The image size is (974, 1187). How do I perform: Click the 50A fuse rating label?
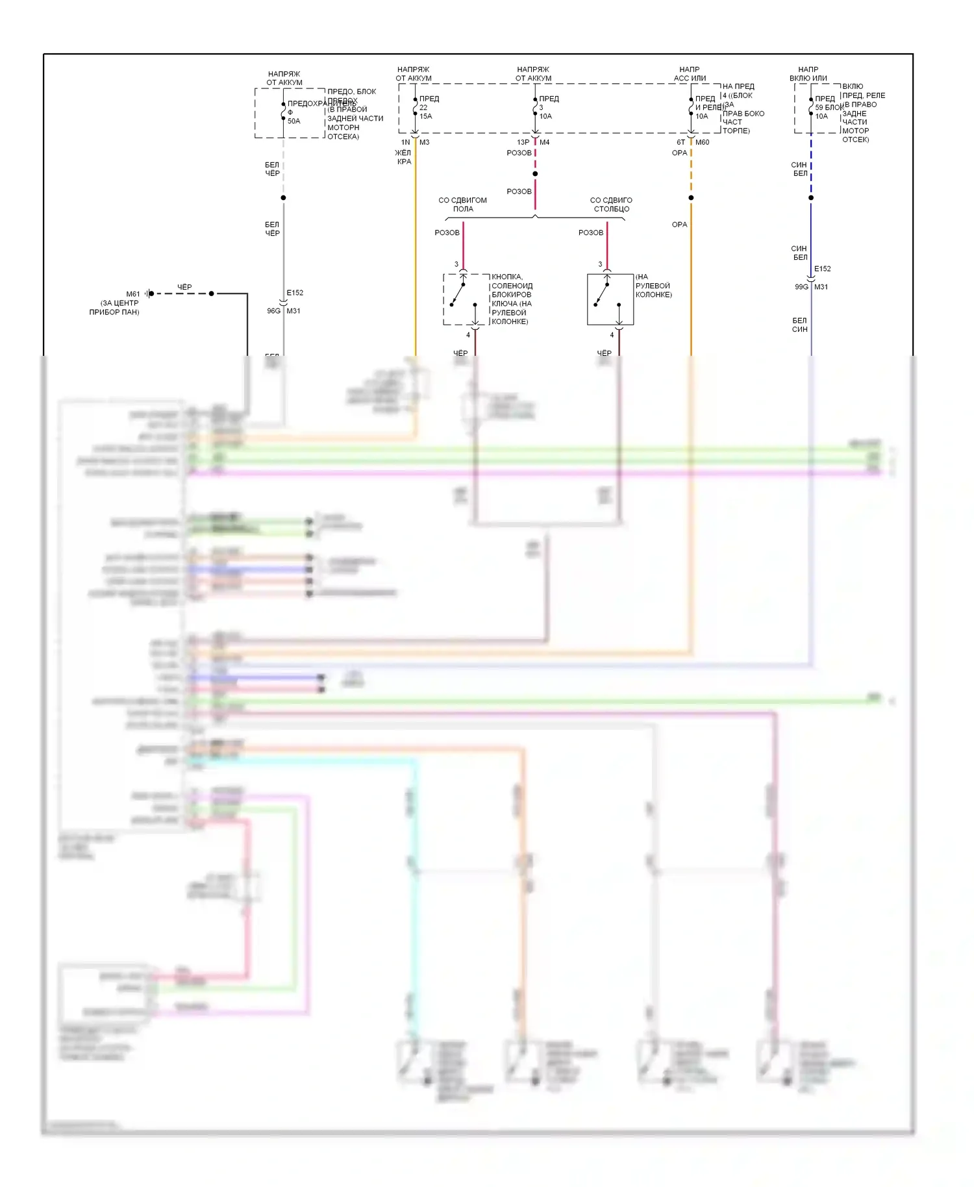[294, 121]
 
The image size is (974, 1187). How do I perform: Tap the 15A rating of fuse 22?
[426, 116]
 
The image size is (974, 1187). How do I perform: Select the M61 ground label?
[133, 294]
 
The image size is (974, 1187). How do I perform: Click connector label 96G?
[273, 311]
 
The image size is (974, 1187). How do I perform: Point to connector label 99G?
[801, 287]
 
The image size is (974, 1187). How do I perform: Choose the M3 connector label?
[425, 142]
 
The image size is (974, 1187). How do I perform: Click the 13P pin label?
[523, 142]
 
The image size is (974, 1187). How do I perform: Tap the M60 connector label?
[703, 142]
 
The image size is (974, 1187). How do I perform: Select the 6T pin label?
[681, 142]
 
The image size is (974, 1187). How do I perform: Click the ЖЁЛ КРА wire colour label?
[403, 157]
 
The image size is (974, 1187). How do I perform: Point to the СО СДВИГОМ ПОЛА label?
[462, 205]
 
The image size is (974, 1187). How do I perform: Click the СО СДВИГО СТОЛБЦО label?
[611, 205]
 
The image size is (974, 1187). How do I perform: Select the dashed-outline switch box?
[466, 299]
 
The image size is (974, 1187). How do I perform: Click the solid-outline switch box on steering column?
[610, 299]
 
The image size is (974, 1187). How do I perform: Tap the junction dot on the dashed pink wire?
[535, 174]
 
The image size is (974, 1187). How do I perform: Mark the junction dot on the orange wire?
[691, 197]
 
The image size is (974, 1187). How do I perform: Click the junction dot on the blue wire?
[811, 197]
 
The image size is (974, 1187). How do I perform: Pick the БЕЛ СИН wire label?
[799, 325]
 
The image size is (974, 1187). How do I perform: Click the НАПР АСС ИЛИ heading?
[690, 73]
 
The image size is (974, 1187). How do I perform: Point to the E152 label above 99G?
[822, 269]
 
